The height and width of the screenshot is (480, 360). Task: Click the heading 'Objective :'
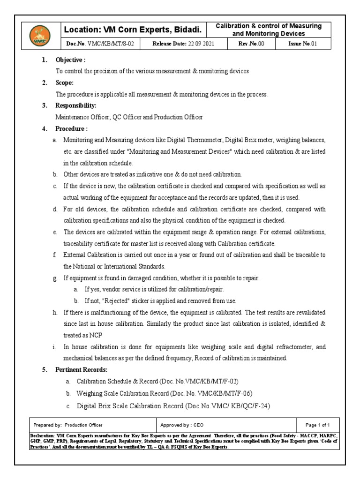70,60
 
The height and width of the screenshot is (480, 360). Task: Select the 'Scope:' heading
65,83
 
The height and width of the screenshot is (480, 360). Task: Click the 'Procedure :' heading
72,128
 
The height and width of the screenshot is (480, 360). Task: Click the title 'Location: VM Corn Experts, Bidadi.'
133,30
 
